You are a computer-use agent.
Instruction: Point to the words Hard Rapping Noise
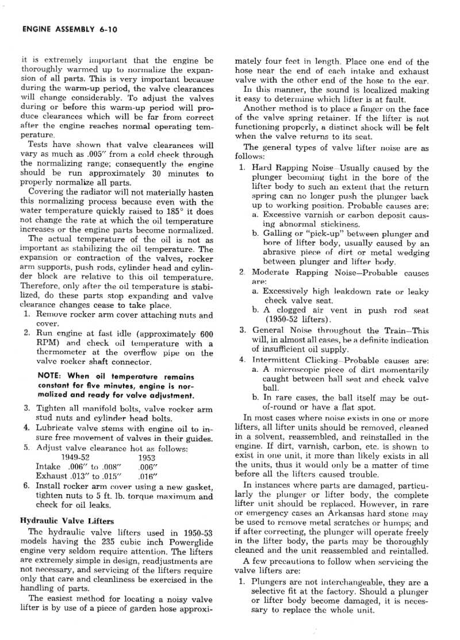coord(293,168)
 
